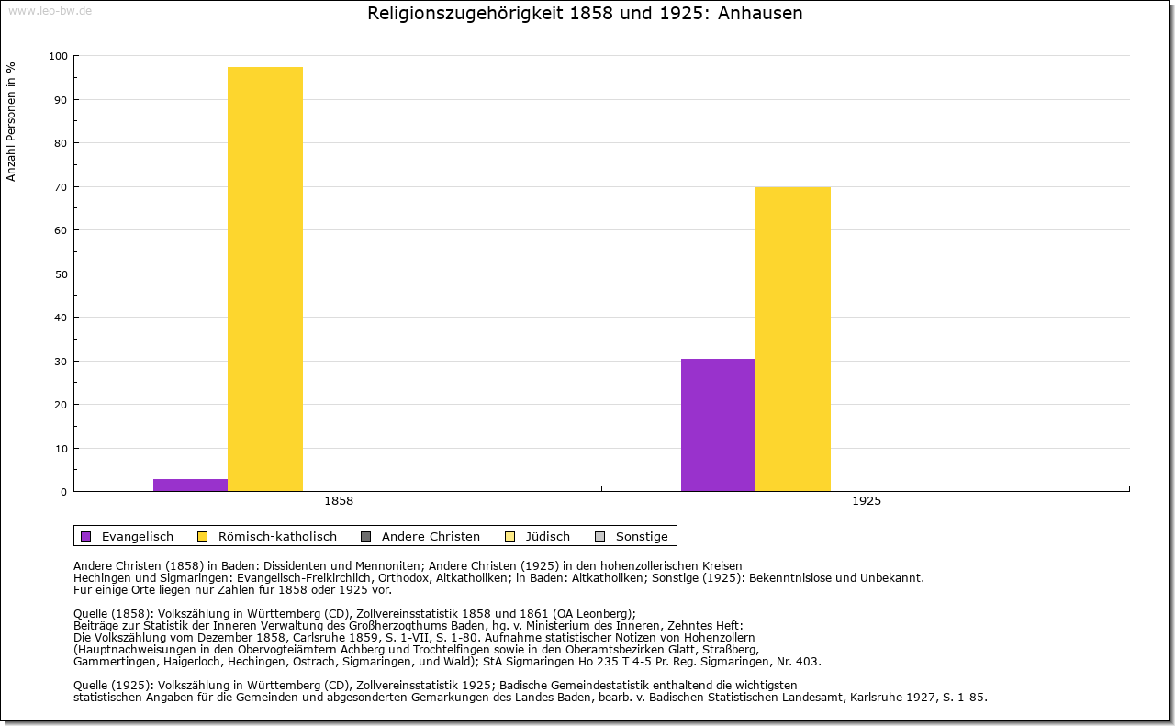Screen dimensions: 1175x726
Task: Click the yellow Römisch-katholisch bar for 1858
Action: [265, 279]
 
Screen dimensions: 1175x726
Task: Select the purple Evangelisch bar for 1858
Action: [190, 486]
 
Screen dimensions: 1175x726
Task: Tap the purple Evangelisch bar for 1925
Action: [718, 425]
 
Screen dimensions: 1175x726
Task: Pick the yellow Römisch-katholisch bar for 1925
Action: [792, 340]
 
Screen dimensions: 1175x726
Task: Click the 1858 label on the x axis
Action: [339, 501]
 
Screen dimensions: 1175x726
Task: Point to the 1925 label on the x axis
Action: [867, 501]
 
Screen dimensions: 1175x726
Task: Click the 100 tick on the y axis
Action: [58, 56]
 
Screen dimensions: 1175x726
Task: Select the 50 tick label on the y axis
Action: [61, 274]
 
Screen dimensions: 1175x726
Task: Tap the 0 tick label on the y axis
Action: [64, 492]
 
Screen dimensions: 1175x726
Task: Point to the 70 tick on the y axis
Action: [61, 187]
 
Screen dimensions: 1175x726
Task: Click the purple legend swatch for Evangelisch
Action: [86, 537]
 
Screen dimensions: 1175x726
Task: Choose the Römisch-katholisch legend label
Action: [277, 537]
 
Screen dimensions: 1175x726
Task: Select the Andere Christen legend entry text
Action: [431, 537]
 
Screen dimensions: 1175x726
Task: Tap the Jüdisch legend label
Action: [548, 537]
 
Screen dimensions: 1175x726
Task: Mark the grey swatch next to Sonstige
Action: [600, 537]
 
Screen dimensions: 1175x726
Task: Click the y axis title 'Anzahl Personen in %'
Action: [11, 122]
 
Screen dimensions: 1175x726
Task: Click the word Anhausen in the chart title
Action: [760, 13]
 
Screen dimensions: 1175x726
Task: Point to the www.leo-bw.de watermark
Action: [50, 10]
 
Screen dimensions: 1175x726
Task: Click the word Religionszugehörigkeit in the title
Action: [465, 14]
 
